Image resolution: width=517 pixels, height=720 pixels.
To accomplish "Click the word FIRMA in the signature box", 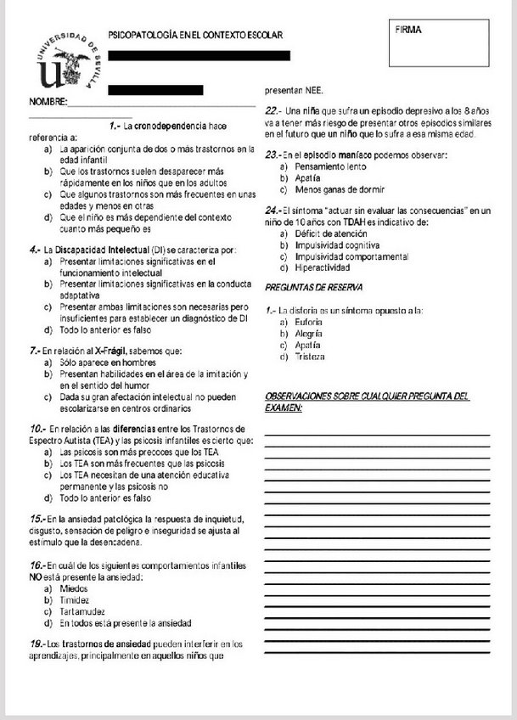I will point(408,30).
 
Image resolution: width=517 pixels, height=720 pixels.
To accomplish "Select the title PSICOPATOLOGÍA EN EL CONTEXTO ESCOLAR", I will point(195,36).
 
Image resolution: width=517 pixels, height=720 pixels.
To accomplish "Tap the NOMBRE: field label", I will point(48,102).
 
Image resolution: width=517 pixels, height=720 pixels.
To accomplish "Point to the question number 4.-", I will point(35,250).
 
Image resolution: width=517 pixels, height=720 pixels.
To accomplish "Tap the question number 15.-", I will point(37,519).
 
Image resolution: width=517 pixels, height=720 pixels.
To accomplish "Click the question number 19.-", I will point(37,643).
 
